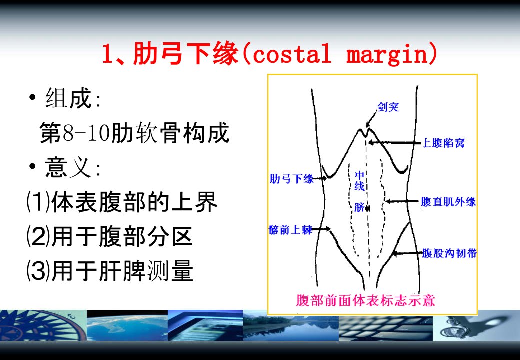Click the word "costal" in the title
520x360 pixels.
[292, 54]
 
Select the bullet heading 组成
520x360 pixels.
[68, 98]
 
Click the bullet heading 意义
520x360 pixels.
[68, 167]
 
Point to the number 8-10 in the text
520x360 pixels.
[86, 133]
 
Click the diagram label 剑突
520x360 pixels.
[388, 107]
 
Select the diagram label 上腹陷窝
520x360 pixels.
[443, 143]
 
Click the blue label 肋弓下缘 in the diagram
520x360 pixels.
[291, 179]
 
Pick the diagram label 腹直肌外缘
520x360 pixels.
[448, 202]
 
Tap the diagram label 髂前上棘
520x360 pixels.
[290, 229]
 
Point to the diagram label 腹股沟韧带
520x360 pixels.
[449, 253]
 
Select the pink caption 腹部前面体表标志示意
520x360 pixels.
[365, 300]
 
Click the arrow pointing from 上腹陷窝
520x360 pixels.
[395, 143]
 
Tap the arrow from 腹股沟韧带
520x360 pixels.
[407, 253]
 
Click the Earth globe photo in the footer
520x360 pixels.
[127, 325]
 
